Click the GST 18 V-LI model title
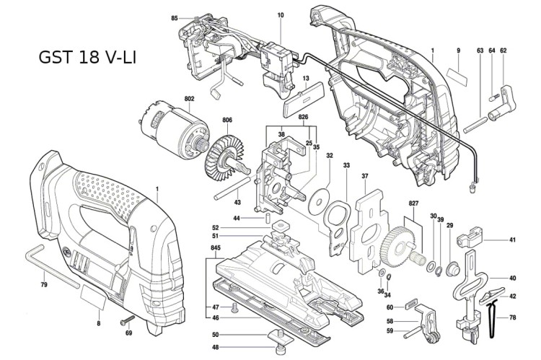click(87, 57)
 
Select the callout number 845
click(215, 247)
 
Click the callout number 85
click(175, 17)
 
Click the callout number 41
click(513, 239)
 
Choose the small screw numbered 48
click(277, 351)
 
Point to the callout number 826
click(303, 116)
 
